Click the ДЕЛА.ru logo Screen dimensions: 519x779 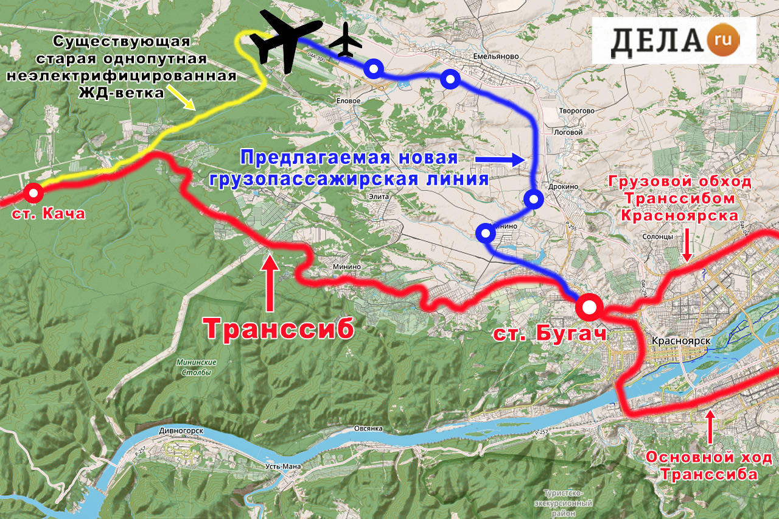tap(674, 40)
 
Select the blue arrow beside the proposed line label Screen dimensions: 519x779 tap(499, 160)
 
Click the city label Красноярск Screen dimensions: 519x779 tap(680, 342)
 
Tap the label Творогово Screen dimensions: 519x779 tap(576, 111)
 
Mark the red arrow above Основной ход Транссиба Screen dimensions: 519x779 tap(710, 428)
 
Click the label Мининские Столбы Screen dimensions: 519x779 tap(195, 366)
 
